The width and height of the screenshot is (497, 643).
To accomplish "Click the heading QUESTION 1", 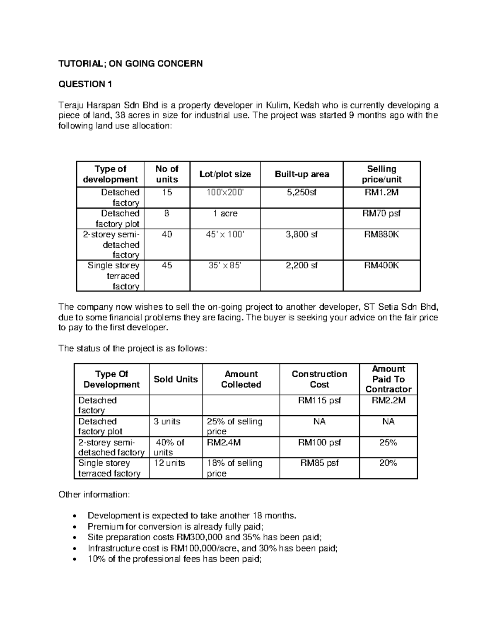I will pyautogui.click(x=85, y=84).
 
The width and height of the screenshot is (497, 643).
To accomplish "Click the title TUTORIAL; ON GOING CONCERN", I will pyautogui.click(x=130, y=64).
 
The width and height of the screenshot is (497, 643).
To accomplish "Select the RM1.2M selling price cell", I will pyautogui.click(x=381, y=193).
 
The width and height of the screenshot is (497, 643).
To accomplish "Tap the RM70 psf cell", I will pyautogui.click(x=381, y=214).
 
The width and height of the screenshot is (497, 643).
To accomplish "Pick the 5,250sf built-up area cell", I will pyautogui.click(x=302, y=193).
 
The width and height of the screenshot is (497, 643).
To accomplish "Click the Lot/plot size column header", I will pyautogui.click(x=225, y=174).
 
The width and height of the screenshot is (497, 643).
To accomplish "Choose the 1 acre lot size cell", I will pyautogui.click(x=225, y=214).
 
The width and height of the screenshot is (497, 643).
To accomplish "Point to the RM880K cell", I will pyautogui.click(x=381, y=235).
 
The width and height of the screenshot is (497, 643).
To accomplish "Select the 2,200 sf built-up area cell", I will pyautogui.click(x=302, y=266).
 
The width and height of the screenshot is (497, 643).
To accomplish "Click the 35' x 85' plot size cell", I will pyautogui.click(x=225, y=266).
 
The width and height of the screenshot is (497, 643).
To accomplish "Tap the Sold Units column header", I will pyautogui.click(x=176, y=379).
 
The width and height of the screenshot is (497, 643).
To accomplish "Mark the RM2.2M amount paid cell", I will pyautogui.click(x=388, y=400).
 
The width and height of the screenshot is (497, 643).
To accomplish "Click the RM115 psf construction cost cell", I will pyautogui.click(x=319, y=400).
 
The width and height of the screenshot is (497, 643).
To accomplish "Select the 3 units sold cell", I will pyautogui.click(x=167, y=421).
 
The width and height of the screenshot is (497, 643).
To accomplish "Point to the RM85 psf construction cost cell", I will pyautogui.click(x=319, y=463).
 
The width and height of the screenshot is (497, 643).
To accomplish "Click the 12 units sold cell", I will pyautogui.click(x=169, y=463).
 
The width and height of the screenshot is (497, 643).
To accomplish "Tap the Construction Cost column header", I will pyautogui.click(x=319, y=379).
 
